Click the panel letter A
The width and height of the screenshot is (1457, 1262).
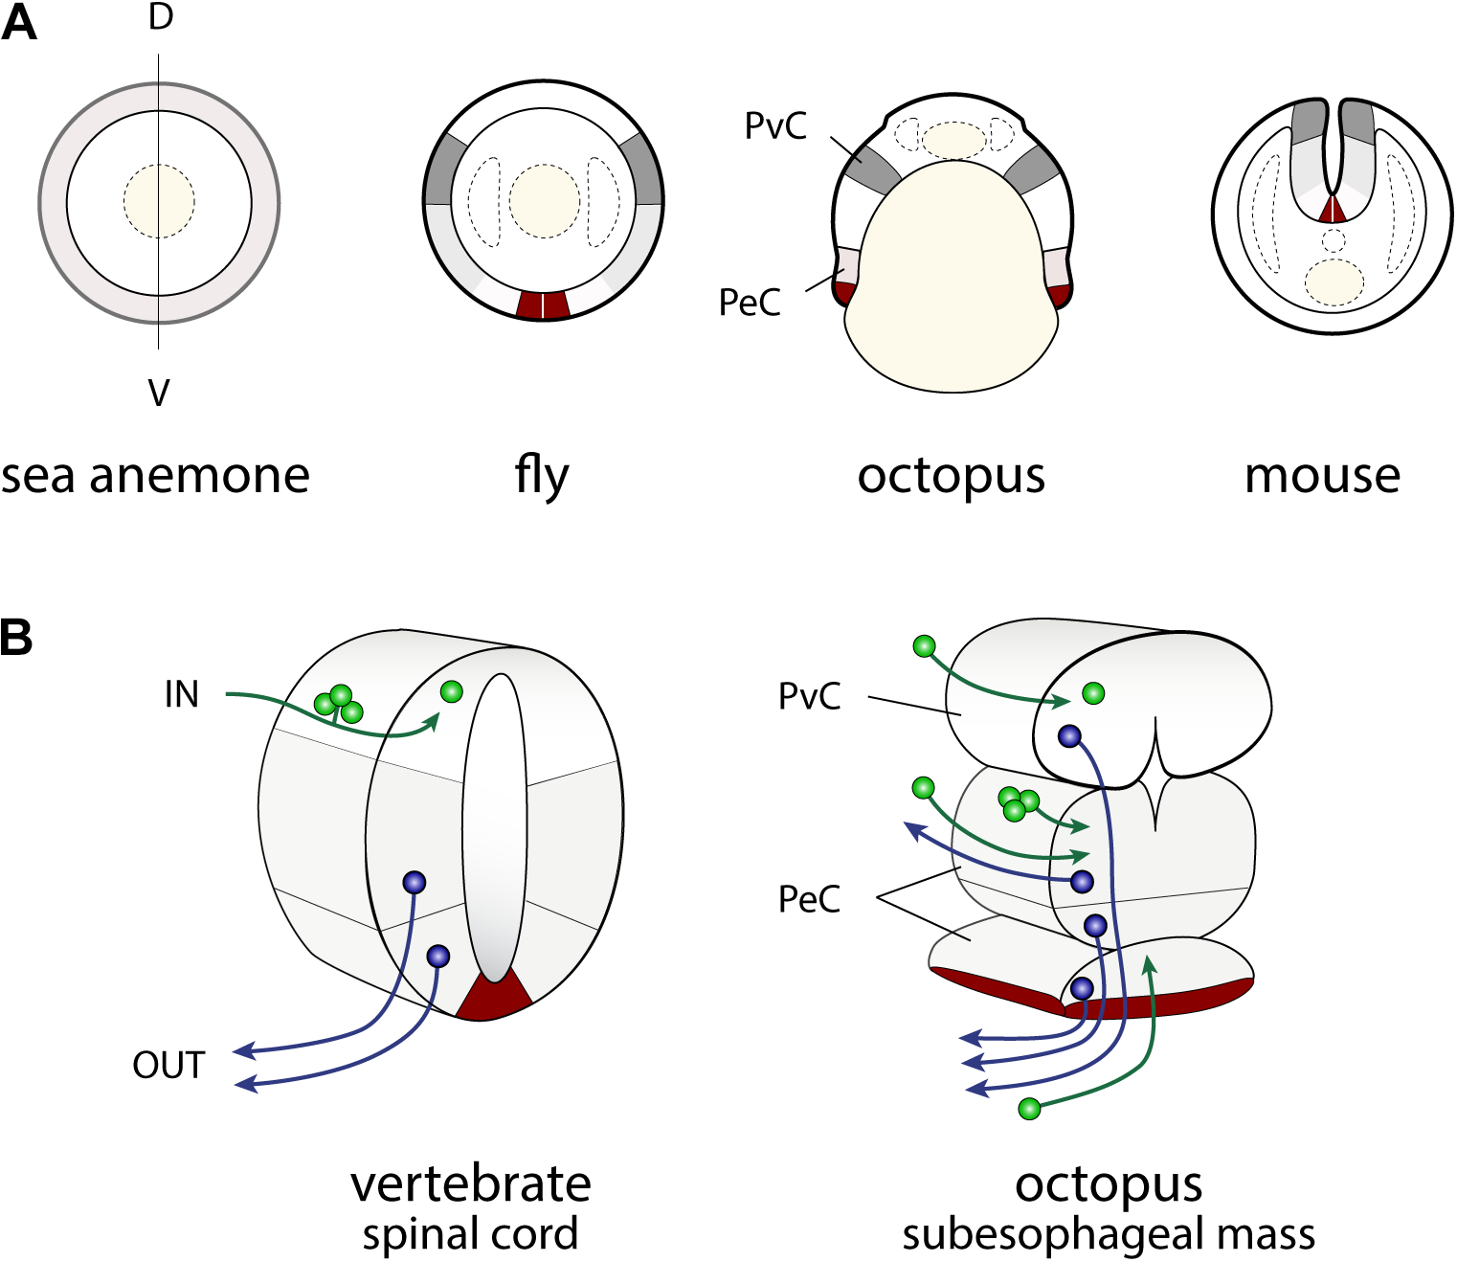click(19, 23)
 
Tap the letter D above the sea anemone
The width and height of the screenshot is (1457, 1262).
click(160, 17)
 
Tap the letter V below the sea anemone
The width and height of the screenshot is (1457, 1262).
click(159, 393)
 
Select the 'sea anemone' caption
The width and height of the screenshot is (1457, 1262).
click(155, 476)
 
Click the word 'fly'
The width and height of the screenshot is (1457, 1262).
click(542, 476)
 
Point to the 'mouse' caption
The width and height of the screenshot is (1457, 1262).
click(1322, 476)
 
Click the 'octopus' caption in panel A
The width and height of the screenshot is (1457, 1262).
click(951, 476)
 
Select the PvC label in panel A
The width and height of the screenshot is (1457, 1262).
click(775, 125)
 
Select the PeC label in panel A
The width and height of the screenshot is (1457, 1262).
click(750, 303)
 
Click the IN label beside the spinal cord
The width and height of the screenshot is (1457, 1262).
click(181, 694)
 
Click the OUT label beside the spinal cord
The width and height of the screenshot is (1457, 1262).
click(168, 1065)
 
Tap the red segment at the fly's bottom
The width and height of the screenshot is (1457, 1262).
click(543, 304)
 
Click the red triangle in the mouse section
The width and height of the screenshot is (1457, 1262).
click(1332, 211)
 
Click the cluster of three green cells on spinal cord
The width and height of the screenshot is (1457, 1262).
click(339, 703)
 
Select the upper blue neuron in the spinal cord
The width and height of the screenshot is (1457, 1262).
click(414, 882)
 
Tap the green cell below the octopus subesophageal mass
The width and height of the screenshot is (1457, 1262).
click(1029, 1109)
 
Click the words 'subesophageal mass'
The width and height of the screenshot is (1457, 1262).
click(1108, 1234)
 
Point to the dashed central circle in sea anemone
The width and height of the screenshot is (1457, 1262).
click(159, 201)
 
